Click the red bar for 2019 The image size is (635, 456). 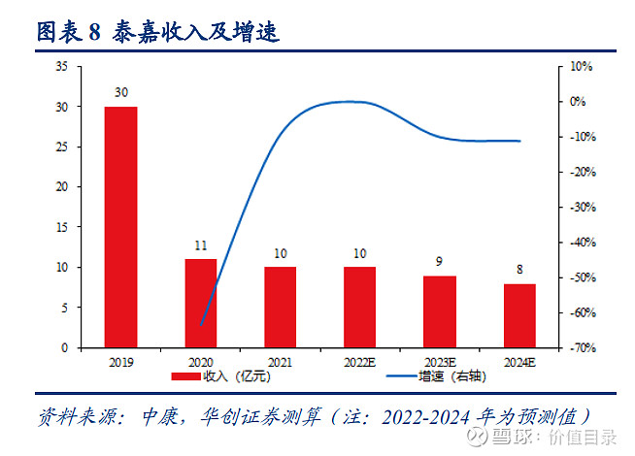click(x=121, y=227)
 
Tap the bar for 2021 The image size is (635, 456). click(x=280, y=307)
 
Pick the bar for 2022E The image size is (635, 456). click(x=359, y=307)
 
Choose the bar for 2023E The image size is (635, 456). click(x=440, y=311)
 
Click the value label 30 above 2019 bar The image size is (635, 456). click(x=121, y=93)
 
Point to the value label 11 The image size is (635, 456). click(x=201, y=245)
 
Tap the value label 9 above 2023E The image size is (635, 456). click(x=440, y=262)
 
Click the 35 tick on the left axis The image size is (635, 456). click(x=61, y=66)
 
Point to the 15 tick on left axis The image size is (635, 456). click(x=61, y=227)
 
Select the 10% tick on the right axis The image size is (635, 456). click(x=581, y=66)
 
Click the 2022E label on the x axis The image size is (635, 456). click(x=360, y=362)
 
